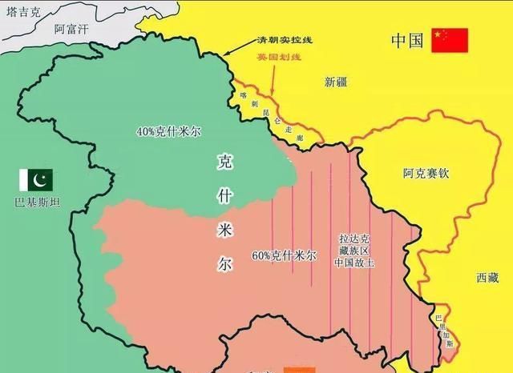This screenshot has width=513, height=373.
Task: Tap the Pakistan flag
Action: [x=35, y=178]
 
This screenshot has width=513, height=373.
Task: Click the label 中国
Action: [x=406, y=41]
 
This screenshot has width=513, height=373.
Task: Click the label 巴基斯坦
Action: [x=35, y=200]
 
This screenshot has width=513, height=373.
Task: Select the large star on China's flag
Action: [x=439, y=35]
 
